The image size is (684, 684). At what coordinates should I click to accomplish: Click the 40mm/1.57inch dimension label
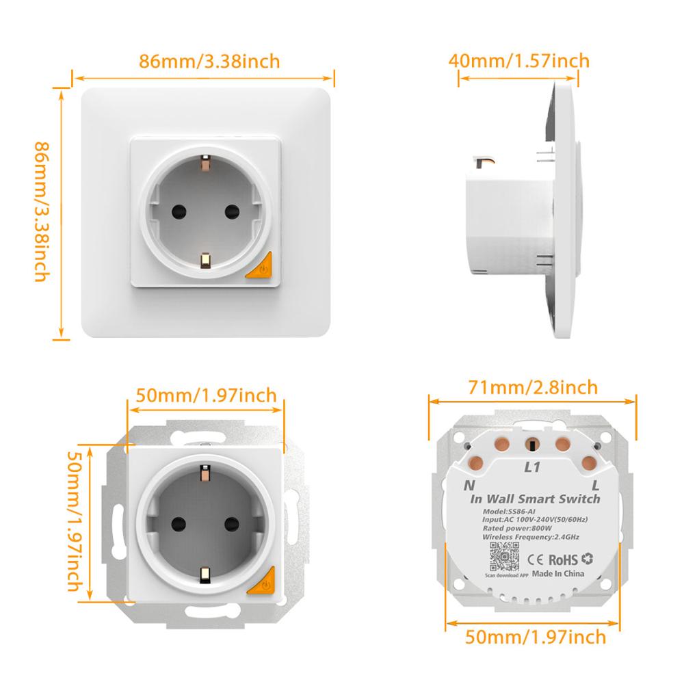[518, 61]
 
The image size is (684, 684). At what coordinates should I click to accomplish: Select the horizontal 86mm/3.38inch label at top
[209, 61]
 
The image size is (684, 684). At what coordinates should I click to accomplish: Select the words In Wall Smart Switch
[535, 499]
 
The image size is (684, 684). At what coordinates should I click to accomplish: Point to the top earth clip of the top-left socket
[205, 164]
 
